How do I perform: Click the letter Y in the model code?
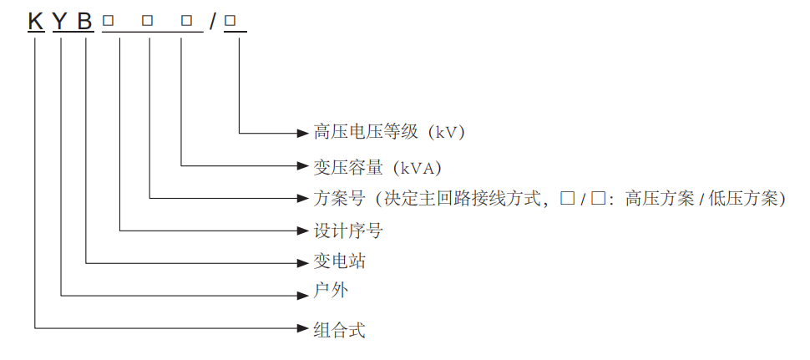(61, 21)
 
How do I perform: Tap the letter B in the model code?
(85, 21)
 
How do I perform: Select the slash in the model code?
(214, 21)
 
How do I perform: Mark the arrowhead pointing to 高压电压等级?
(304, 132)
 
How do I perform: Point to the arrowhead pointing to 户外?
(304, 294)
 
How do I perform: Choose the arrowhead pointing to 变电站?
(304, 262)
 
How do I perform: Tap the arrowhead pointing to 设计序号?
(304, 230)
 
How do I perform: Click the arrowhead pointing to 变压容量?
(304, 165)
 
